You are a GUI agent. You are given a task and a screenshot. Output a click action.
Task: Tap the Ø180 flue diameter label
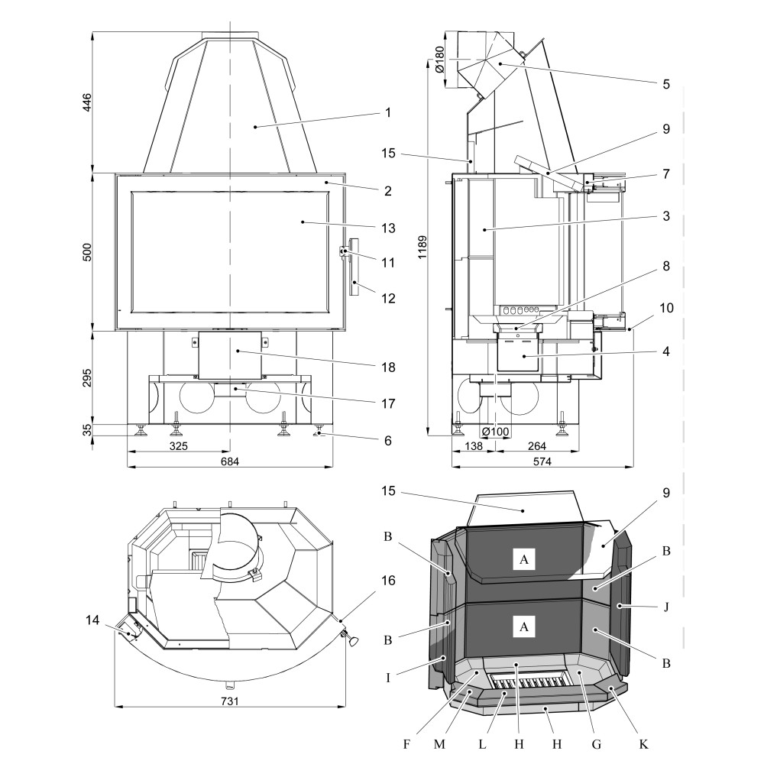439,59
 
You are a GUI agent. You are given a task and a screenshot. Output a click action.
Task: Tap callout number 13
387,228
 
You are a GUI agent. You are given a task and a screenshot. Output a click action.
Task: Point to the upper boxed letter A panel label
523,560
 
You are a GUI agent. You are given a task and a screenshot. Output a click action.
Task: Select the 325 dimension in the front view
177,445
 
